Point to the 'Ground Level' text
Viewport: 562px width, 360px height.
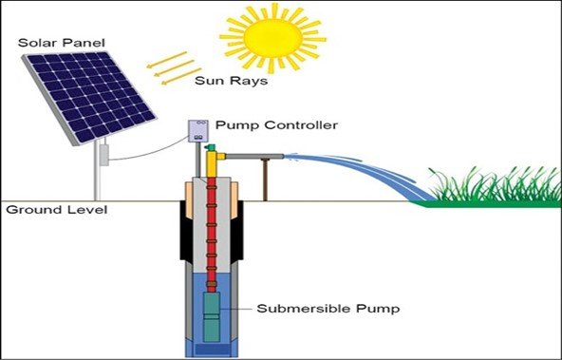point(43,209)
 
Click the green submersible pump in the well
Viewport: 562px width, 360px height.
point(213,313)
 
